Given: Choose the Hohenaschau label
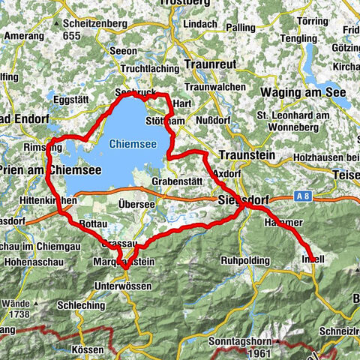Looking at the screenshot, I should click(30, 263).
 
